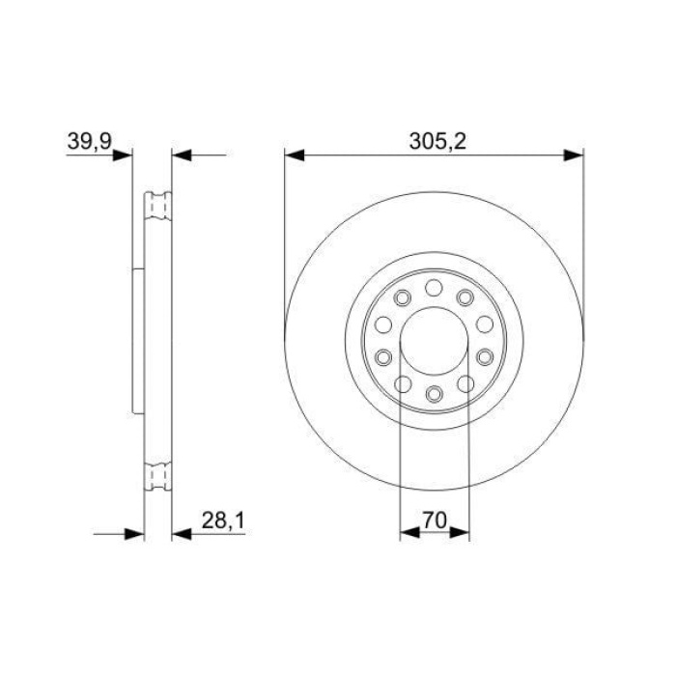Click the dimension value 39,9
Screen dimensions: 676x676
click(89, 141)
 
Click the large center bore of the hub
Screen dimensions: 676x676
click(434, 340)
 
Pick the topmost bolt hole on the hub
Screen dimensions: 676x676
click(434, 287)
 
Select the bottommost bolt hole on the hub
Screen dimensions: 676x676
click(434, 393)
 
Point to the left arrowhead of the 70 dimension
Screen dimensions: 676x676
click(408, 532)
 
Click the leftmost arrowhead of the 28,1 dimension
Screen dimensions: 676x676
click(134, 532)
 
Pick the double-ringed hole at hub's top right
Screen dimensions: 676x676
click(465, 296)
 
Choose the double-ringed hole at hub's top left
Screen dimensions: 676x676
click(402, 296)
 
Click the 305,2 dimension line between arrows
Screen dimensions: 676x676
click(367, 154)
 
